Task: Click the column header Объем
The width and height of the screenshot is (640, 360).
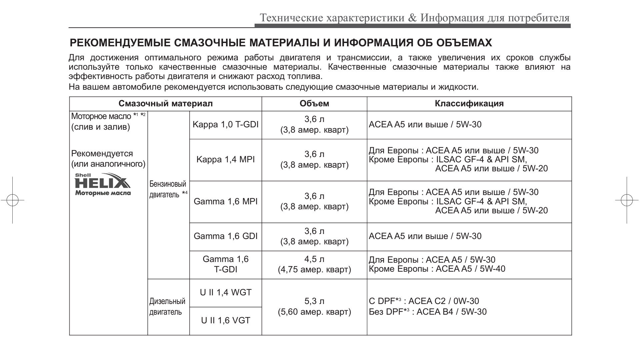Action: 314,103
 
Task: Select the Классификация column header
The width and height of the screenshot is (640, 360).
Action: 469,103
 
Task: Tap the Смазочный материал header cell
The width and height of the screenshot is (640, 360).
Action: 165,103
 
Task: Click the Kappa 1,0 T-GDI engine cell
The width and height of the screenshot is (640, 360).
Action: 226,125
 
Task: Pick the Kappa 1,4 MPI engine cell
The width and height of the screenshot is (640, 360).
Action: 226,159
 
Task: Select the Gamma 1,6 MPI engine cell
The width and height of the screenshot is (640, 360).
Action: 226,201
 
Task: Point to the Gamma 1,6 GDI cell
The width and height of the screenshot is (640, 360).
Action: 226,236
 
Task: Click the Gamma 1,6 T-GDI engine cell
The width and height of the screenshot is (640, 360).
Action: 226,264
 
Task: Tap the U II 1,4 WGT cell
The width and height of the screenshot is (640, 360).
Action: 226,292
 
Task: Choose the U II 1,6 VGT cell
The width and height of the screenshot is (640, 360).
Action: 226,321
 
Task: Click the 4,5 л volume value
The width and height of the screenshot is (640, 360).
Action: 314,259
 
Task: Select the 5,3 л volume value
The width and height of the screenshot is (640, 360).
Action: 314,301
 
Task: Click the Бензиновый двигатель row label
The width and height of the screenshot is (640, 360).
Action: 168,189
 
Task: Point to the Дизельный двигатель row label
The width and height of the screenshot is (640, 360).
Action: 167,307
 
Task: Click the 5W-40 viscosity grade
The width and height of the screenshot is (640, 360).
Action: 492,269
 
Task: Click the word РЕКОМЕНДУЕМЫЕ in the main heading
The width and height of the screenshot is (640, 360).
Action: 120,43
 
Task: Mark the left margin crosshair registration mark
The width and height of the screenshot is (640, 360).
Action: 12,200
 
